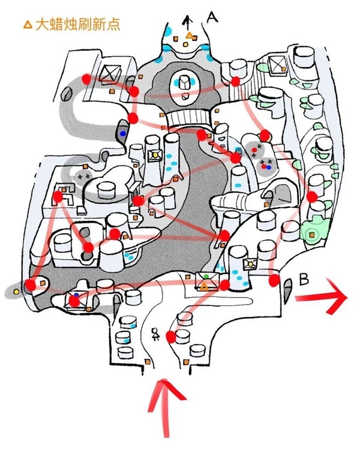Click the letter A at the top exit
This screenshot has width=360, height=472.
[x=211, y=17]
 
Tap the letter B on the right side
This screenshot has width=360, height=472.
[x=304, y=279]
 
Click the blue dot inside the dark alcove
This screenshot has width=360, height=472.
[x=124, y=133]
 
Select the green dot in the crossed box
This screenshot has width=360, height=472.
[x=206, y=276]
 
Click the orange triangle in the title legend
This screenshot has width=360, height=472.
[x=27, y=25]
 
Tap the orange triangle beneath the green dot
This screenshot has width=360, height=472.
[x=205, y=287]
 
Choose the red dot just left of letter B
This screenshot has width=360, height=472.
[x=275, y=280]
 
